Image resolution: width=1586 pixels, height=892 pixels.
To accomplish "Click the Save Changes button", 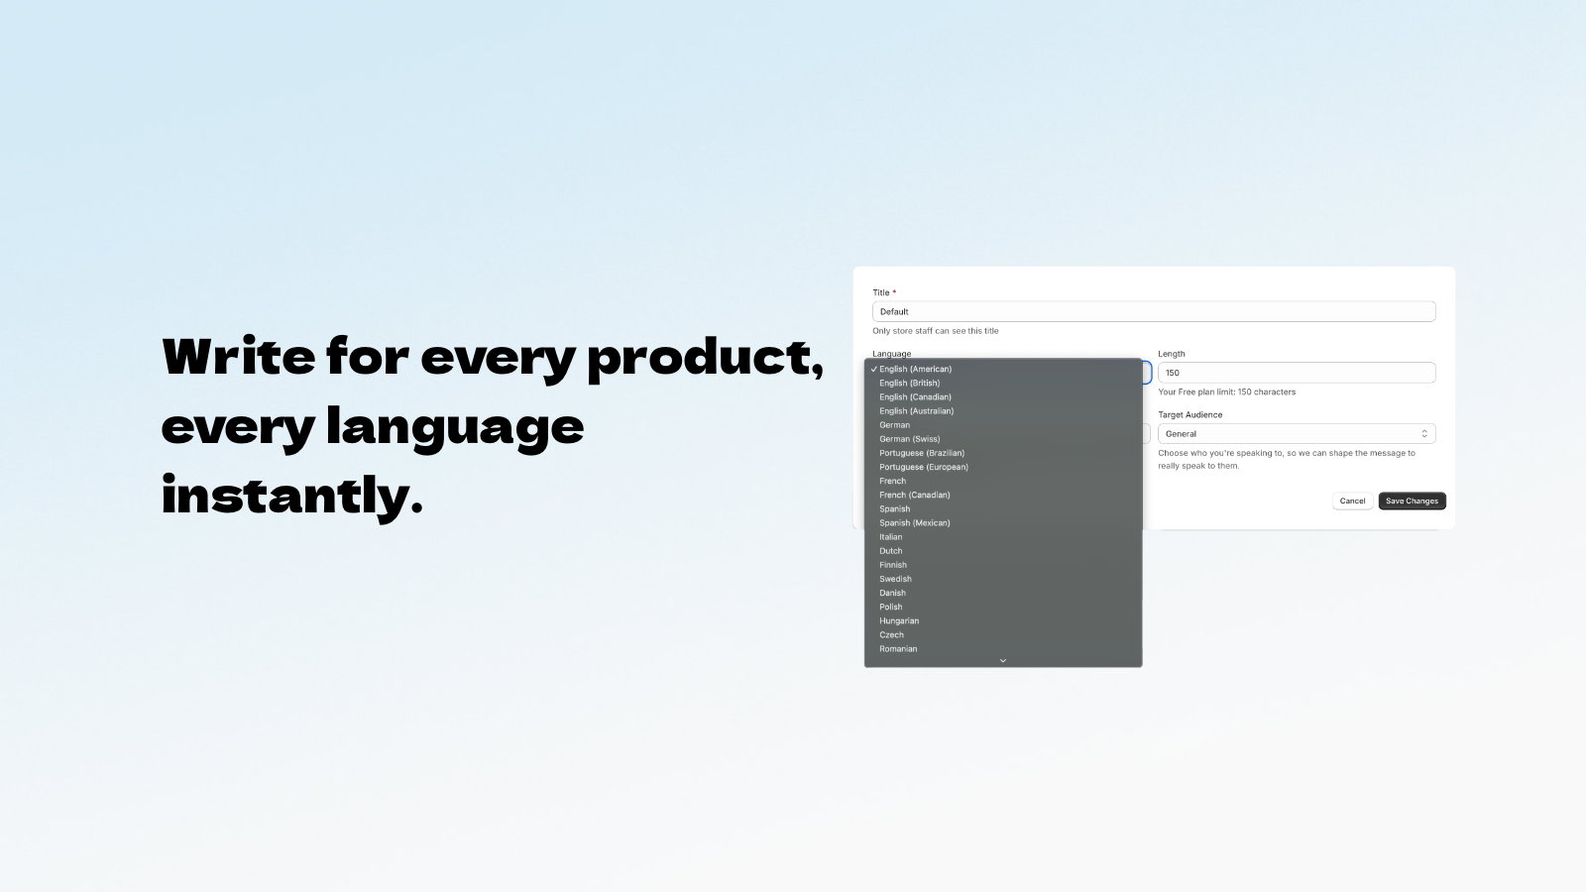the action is [x=1412, y=502].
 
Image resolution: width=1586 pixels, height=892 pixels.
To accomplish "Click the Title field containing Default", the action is [x=1154, y=311].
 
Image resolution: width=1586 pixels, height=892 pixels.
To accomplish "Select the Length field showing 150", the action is [x=1297, y=373].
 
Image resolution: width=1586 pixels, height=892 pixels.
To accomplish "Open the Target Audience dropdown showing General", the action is [x=1297, y=434].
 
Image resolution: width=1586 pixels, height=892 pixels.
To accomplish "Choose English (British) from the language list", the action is [x=910, y=383].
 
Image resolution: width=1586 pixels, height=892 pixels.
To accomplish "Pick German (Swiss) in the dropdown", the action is [x=910, y=439].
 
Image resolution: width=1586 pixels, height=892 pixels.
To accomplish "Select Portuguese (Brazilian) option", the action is [x=922, y=453].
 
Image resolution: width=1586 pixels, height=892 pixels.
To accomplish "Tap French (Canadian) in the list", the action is [x=915, y=495].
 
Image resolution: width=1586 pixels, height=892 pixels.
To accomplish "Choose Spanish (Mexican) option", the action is [x=915, y=523].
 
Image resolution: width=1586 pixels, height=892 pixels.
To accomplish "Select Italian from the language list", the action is [x=891, y=536].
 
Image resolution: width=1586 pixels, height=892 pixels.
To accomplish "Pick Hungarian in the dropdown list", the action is [x=899, y=620].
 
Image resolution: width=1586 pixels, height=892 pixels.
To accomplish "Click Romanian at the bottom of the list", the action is [x=898, y=648].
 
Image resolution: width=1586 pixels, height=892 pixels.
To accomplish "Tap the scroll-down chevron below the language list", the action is [x=1002, y=660].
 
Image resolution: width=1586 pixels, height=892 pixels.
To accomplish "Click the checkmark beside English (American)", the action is [x=874, y=369].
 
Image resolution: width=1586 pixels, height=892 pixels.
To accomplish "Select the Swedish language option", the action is [x=896, y=579].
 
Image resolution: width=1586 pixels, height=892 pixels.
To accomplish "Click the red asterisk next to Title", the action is [x=894, y=291].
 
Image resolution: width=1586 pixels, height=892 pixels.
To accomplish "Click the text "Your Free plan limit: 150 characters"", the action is [x=1227, y=391].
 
